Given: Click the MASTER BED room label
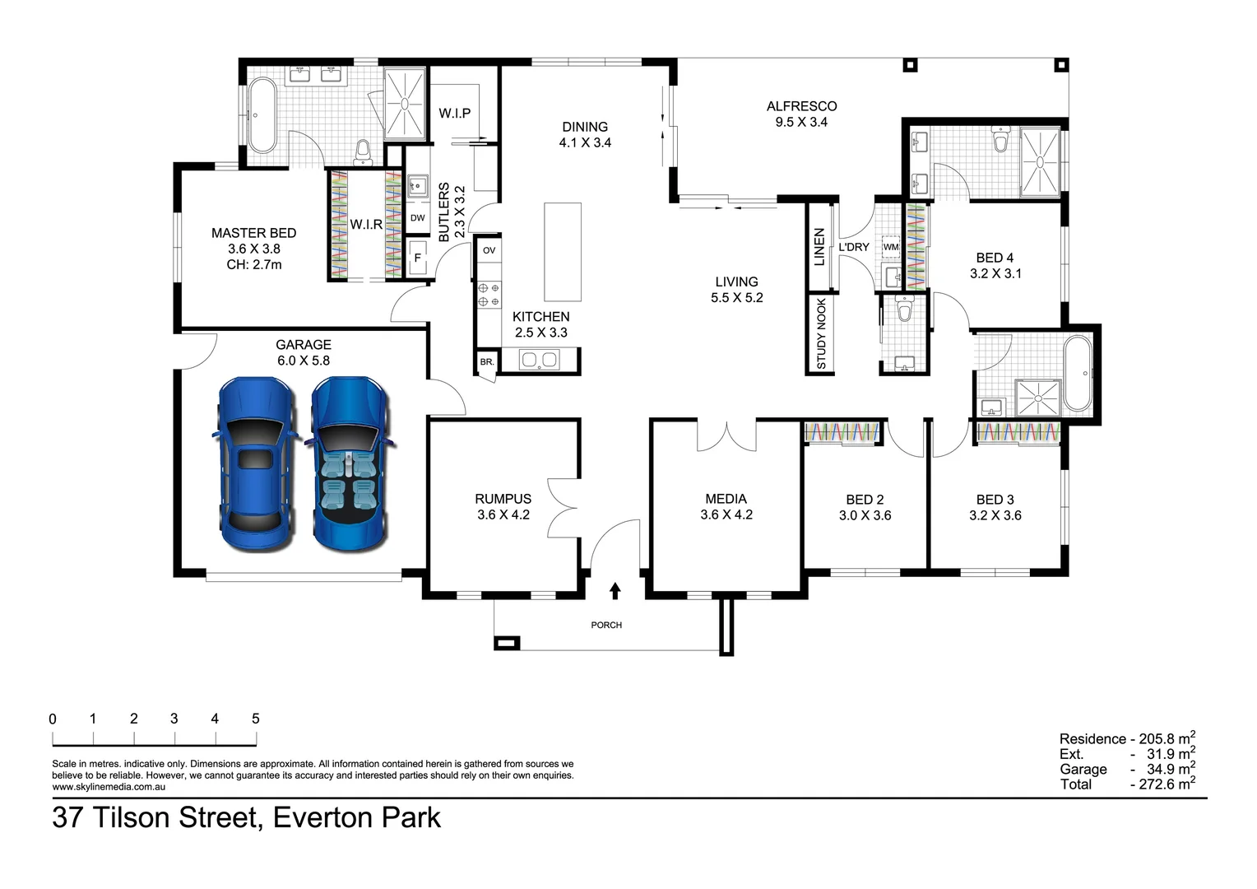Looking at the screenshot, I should (253, 233).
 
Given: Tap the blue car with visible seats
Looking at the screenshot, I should (350, 465).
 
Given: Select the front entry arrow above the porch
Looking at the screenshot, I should (615, 590).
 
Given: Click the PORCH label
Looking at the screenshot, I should (606, 626).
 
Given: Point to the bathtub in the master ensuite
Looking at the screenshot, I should (262, 116).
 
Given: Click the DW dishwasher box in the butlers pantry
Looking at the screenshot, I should (417, 218).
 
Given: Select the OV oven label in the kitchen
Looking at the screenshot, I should (489, 250).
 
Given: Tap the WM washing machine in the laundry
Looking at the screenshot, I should (891, 247).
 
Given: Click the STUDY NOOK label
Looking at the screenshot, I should (821, 333).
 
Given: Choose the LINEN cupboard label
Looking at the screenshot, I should (819, 247).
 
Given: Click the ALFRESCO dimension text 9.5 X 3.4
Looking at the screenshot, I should (801, 122).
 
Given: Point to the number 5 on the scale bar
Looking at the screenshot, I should (255, 719).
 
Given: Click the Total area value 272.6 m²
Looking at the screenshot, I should (1162, 784).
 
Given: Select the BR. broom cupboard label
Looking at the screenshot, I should (486, 361).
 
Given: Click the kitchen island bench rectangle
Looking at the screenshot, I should (563, 253).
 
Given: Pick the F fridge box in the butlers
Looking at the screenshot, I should (417, 258).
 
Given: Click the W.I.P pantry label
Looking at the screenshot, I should (454, 113).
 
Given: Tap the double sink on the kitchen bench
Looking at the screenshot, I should (540, 360).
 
